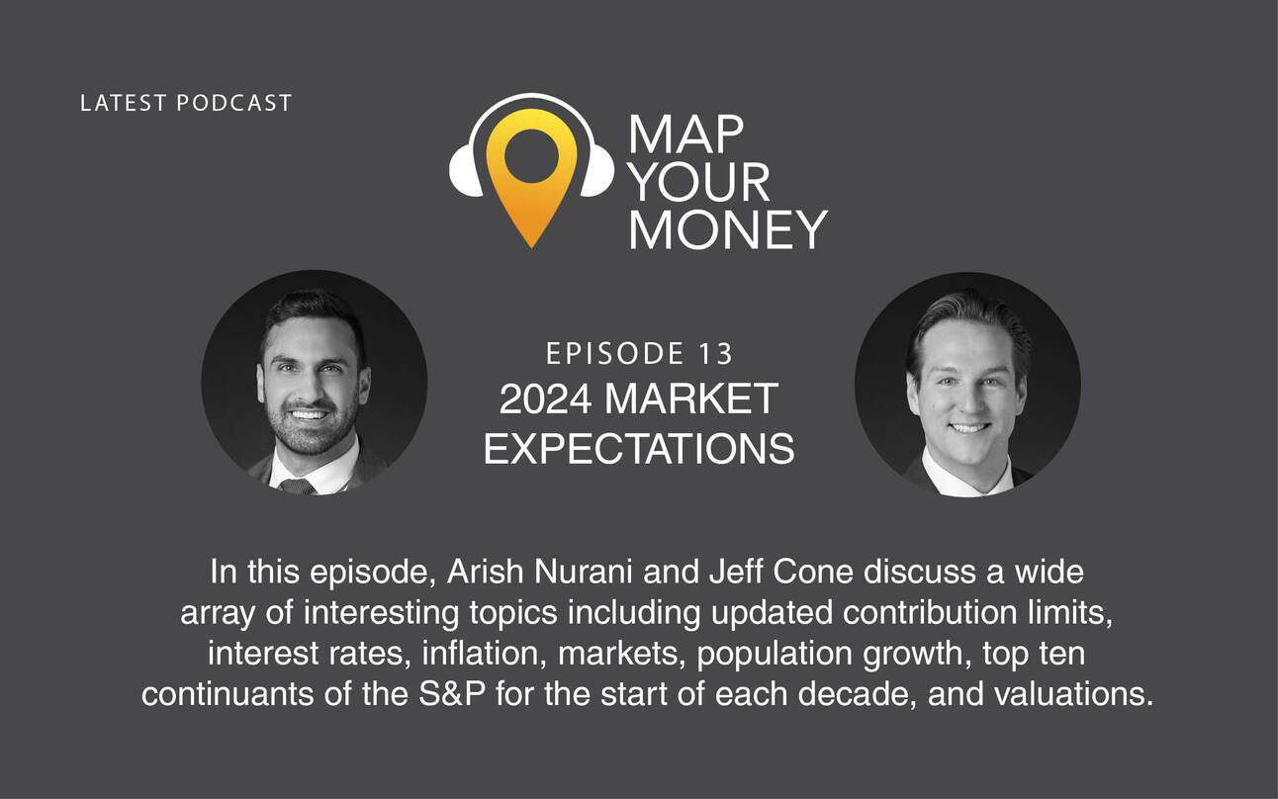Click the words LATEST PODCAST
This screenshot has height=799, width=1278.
pos(186,103)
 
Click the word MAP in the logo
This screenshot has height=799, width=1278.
pos(686,134)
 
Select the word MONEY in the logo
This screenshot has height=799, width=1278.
pos(728,229)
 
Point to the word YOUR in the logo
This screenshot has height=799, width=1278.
pos(699,183)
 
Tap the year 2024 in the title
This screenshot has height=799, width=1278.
pos(545,399)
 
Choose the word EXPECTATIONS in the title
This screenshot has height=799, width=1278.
pos(639,449)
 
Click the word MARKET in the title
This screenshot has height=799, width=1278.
pos(691,399)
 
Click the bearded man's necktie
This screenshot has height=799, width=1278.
pos(297,487)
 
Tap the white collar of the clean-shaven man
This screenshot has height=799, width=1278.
pos(967,478)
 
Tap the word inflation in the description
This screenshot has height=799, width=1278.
pos(481,654)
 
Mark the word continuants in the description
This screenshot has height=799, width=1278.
pos(228,694)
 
